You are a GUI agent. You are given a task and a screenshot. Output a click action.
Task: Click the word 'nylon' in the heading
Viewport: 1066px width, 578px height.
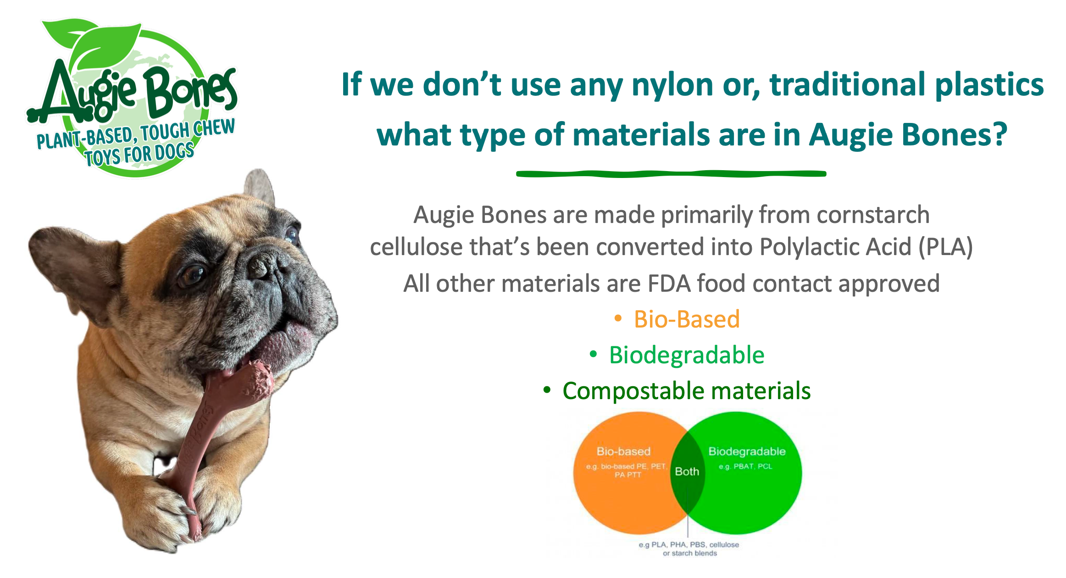(672, 85)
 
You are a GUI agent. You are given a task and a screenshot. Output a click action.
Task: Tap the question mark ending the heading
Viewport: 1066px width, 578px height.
(997, 134)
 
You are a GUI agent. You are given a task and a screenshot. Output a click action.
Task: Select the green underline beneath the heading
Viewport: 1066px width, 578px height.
(671, 173)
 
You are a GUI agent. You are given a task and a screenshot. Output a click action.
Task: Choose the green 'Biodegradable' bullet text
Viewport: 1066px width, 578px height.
(687, 355)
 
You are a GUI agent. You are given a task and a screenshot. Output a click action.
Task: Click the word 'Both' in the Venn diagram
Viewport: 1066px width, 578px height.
(687, 471)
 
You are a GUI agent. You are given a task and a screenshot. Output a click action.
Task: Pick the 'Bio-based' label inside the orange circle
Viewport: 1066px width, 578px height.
(623, 451)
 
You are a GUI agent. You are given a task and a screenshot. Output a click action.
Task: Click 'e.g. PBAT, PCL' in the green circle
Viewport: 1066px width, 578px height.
(745, 467)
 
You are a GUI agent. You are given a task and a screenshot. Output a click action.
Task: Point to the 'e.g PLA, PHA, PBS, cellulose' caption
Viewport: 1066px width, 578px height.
(688, 545)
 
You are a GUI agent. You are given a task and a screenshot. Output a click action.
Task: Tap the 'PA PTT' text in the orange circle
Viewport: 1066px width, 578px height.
(627, 475)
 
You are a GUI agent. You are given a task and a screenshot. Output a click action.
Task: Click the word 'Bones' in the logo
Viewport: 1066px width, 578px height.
(190, 94)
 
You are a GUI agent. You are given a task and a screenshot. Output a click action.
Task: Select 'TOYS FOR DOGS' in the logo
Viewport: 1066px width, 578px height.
(139, 155)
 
